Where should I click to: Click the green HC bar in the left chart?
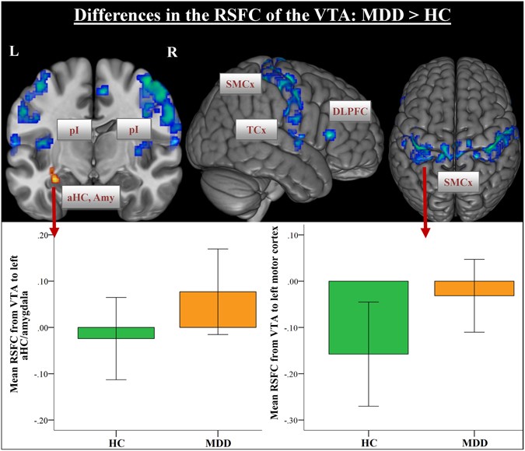click(115, 333)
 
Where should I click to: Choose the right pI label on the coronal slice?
click(135, 130)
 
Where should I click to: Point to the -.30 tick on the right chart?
click(296, 421)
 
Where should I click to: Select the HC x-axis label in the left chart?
click(115, 440)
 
